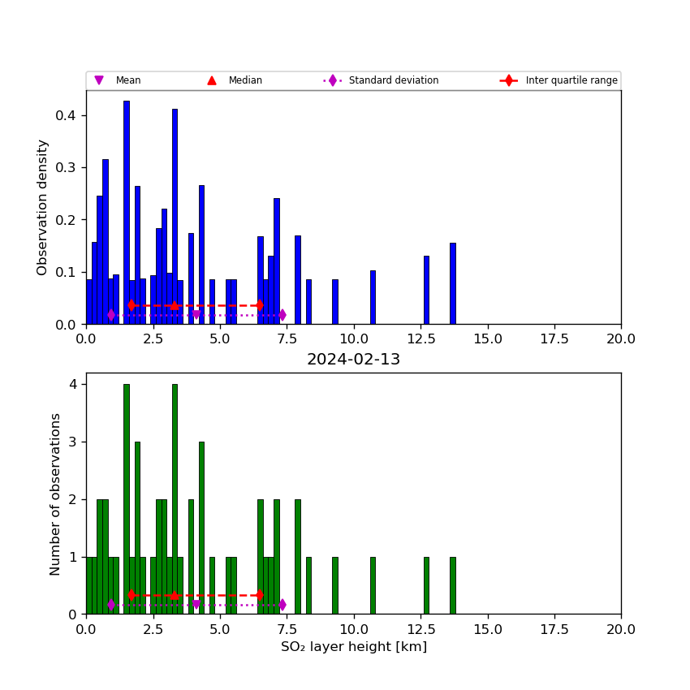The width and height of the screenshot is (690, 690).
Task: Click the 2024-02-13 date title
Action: (x=353, y=360)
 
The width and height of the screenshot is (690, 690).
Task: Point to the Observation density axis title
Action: (x=43, y=207)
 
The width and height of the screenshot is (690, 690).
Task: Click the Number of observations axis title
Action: (x=56, y=494)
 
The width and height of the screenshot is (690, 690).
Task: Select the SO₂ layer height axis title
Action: (x=353, y=647)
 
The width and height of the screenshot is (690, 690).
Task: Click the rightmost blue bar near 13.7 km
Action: (x=453, y=283)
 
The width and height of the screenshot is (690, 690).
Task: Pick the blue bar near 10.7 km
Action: (x=373, y=297)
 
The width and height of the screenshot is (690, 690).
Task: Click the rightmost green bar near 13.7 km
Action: (x=453, y=585)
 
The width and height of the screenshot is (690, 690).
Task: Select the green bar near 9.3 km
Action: (x=334, y=585)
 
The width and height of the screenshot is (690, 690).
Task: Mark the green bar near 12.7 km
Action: (x=426, y=585)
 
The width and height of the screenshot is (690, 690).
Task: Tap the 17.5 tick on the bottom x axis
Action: (x=554, y=629)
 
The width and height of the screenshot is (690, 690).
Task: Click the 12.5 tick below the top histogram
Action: (x=420, y=339)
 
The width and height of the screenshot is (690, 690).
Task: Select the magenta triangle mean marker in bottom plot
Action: (x=196, y=605)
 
